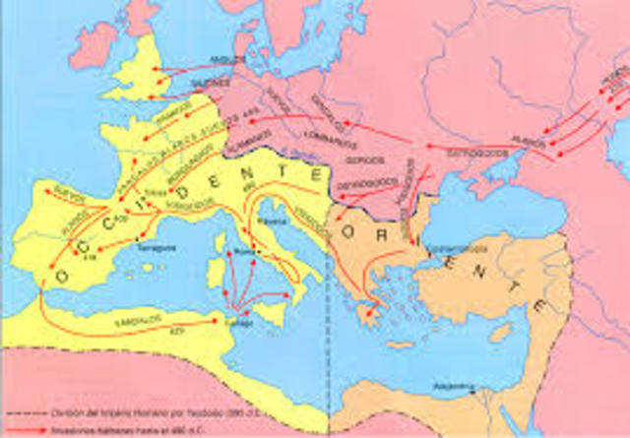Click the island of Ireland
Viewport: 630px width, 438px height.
click(95, 43)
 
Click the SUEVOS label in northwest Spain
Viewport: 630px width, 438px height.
click(65, 195)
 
